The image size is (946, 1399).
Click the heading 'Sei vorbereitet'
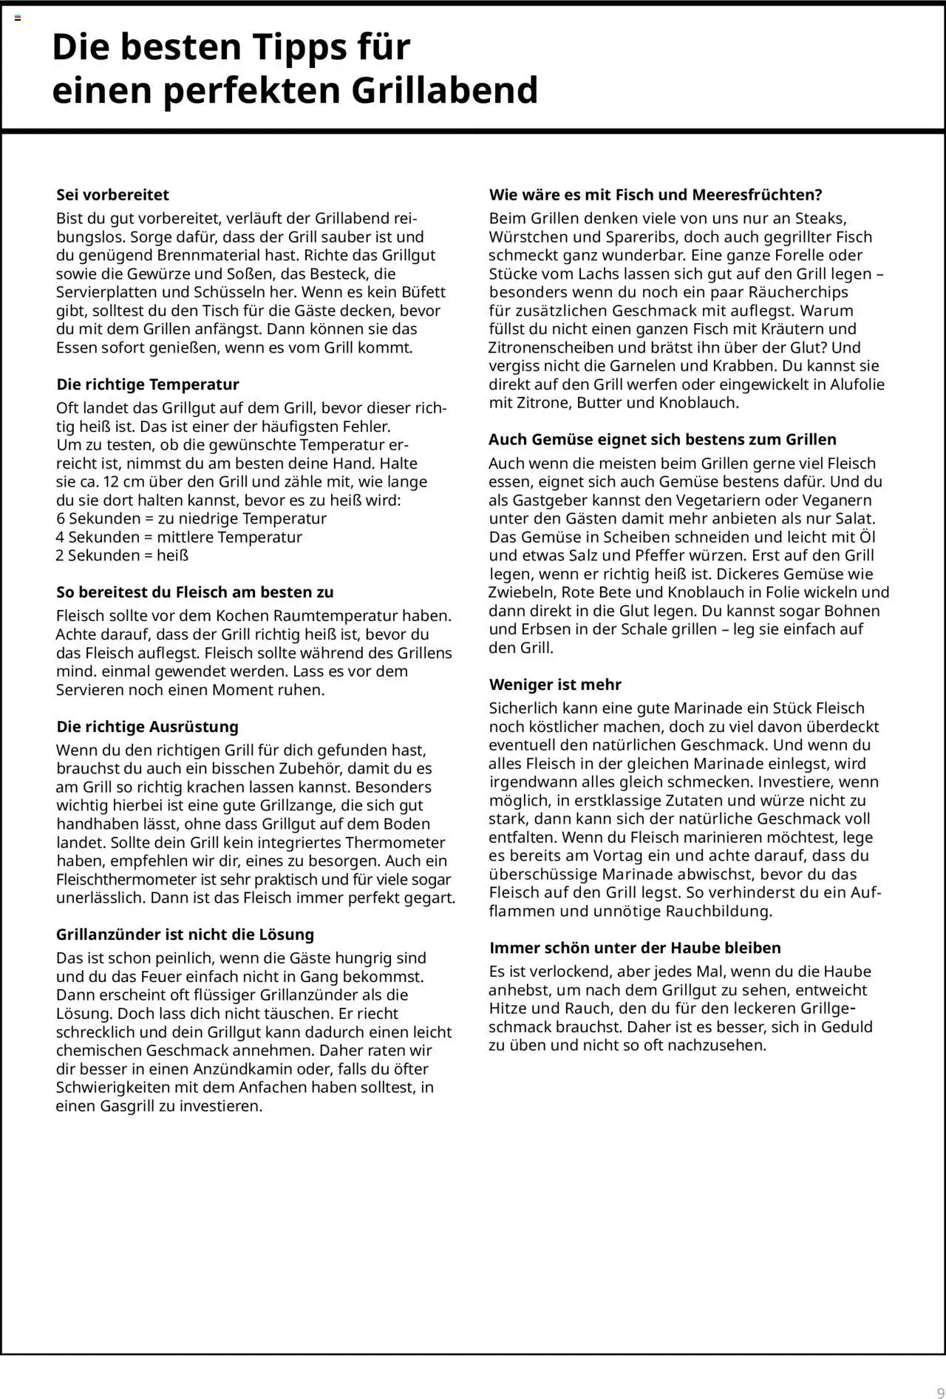click(x=112, y=194)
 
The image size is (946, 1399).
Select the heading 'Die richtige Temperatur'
click(x=148, y=384)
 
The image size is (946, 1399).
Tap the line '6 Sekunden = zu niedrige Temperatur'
click(x=191, y=518)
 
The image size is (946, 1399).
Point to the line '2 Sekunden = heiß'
click(x=122, y=555)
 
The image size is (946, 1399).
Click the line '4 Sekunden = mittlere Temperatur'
click(x=179, y=537)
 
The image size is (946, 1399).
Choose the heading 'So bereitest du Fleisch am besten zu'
click(x=194, y=592)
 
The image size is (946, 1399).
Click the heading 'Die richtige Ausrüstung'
click(x=147, y=726)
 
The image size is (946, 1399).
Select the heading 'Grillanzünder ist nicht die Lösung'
click(x=185, y=934)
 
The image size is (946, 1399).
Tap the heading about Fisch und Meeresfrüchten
click(x=656, y=194)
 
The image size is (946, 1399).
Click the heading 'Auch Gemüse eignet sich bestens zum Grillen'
click(x=662, y=439)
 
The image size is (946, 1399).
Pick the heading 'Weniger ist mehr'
click(x=555, y=684)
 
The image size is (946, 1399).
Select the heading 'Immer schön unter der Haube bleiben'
click(x=635, y=947)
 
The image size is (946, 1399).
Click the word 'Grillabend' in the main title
click(x=443, y=90)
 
